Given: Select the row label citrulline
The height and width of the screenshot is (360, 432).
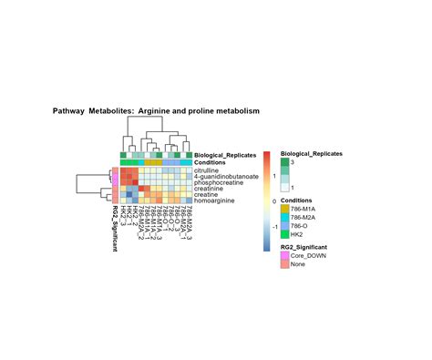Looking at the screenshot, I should [209, 170].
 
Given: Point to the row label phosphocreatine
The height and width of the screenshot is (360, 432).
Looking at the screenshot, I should [218, 182].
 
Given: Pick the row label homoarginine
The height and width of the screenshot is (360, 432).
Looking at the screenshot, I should [214, 201].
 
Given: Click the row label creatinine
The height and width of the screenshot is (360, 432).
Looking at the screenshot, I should [210, 189].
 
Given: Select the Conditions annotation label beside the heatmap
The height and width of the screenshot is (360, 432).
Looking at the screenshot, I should [211, 162].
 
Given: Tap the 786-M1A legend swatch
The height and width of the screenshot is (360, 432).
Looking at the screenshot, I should [285, 209].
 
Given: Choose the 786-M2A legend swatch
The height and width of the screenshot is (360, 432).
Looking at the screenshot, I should [285, 217].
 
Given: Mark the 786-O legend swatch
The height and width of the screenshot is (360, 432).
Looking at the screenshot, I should [285, 225].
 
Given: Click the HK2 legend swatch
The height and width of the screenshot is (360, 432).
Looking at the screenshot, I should [285, 233].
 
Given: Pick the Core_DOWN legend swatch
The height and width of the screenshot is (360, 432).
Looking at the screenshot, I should [285, 256].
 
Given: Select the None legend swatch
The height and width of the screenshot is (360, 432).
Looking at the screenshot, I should [285, 264].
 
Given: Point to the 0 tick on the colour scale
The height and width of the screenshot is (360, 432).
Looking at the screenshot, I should [273, 201].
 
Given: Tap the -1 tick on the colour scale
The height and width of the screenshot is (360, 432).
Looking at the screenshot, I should [274, 226].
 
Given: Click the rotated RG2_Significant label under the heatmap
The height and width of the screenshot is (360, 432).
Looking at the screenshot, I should [115, 232].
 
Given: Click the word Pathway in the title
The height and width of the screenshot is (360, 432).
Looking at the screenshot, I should [68, 111].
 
